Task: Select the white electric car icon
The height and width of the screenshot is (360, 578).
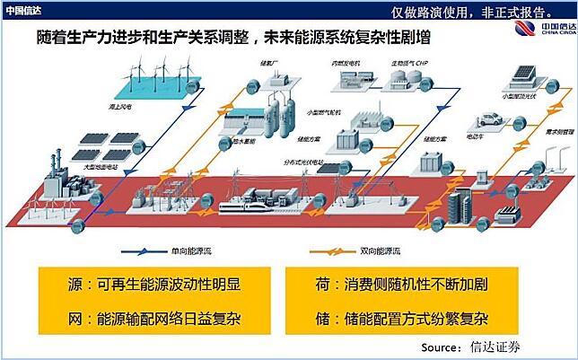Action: tap(489, 119)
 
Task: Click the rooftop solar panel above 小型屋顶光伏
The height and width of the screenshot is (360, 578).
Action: tap(521, 73)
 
